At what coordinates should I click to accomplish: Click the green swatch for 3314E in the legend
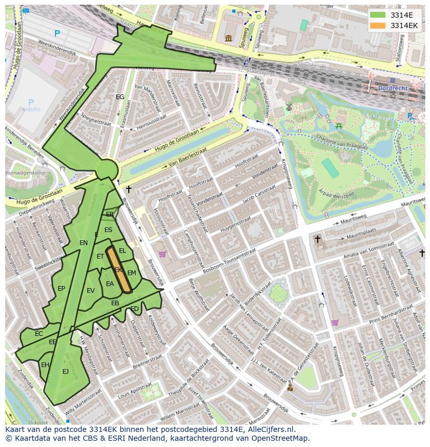point(378,15)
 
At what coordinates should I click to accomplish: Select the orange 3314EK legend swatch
point(378,25)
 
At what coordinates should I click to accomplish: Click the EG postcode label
point(120,97)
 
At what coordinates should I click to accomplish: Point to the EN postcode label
point(84,242)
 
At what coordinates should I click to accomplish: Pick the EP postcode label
point(61,289)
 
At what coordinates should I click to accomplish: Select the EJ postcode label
point(65,371)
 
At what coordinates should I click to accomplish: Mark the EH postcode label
point(45,365)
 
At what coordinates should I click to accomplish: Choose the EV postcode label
point(91,291)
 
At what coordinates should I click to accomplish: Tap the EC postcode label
point(39,334)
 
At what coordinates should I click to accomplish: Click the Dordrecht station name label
point(393,88)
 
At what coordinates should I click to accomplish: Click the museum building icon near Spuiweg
point(229,38)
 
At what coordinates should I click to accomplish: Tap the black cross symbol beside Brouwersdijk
point(129,190)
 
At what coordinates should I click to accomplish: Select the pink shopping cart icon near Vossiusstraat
point(162,254)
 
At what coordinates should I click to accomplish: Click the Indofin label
point(31,110)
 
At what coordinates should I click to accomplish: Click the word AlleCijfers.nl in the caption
point(270,429)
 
